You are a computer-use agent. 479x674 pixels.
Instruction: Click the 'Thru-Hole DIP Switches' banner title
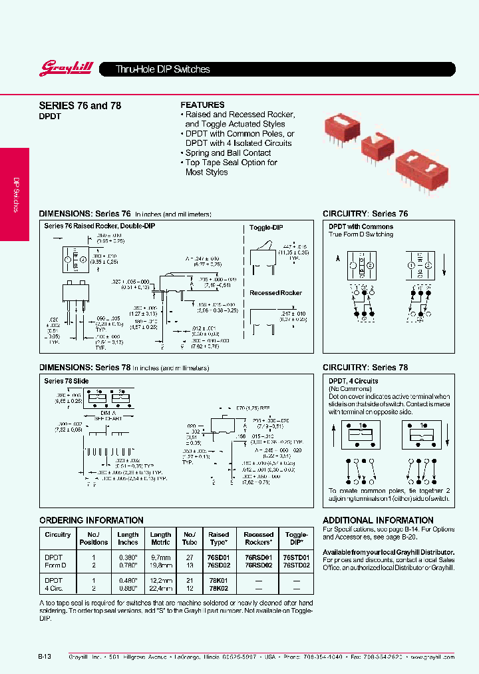[163, 69]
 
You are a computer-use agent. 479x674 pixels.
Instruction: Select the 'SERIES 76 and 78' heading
[80, 105]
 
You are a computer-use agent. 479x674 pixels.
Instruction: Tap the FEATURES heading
[202, 105]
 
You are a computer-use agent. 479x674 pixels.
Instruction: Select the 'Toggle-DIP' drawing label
[266, 227]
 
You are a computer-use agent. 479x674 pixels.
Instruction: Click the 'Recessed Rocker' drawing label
[275, 293]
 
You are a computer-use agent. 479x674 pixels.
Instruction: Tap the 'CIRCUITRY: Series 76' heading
[365, 214]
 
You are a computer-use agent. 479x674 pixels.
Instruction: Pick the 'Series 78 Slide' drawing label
[67, 381]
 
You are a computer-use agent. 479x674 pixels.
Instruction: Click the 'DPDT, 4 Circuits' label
[353, 381]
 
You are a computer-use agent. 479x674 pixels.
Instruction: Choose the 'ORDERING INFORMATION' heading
[91, 520]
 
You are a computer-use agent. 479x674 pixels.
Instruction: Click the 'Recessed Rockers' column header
[258, 538]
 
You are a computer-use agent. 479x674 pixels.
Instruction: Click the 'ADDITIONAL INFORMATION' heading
[377, 520]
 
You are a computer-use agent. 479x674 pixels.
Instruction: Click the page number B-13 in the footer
[44, 656]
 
